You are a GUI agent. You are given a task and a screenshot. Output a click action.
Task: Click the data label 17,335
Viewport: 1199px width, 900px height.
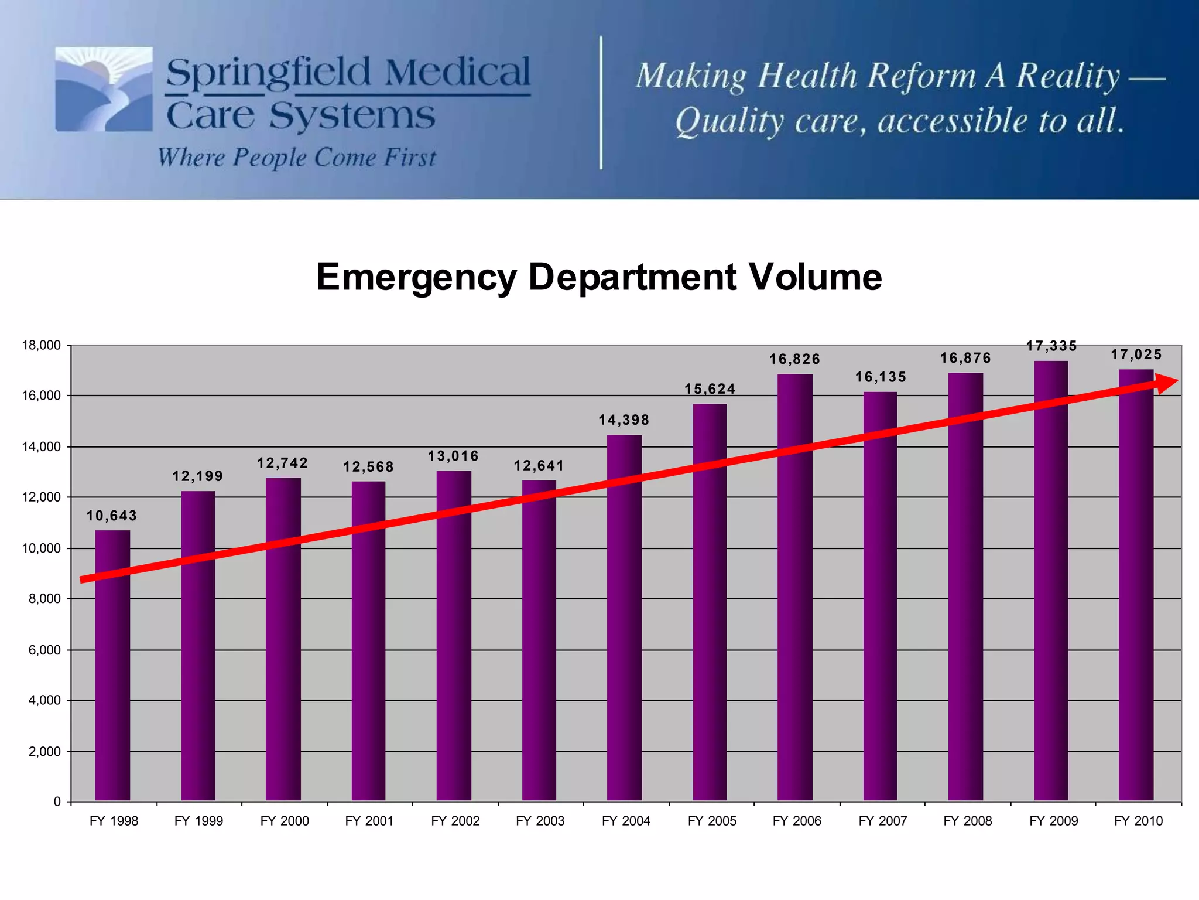click(x=1051, y=346)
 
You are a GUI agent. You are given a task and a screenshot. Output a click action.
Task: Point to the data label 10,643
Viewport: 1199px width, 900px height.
click(x=112, y=516)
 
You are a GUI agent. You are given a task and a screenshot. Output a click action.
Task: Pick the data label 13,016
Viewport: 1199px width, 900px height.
click(x=453, y=456)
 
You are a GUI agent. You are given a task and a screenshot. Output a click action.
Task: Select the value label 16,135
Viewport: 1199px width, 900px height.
click(x=881, y=377)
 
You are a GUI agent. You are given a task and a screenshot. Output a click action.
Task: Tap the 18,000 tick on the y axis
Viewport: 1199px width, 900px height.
click(x=41, y=345)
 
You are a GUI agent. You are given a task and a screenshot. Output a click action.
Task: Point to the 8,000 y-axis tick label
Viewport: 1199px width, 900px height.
click(x=44, y=599)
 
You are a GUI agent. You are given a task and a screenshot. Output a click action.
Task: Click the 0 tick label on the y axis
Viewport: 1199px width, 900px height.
click(x=57, y=802)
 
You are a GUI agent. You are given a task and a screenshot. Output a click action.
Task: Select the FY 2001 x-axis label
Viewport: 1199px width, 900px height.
click(x=369, y=821)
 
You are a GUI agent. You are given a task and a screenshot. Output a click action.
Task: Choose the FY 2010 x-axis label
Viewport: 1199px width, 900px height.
click(x=1138, y=821)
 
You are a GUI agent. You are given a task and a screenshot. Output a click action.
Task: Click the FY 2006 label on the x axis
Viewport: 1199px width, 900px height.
click(x=797, y=821)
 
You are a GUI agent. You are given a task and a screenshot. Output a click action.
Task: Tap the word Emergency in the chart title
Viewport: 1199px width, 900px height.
click(x=416, y=278)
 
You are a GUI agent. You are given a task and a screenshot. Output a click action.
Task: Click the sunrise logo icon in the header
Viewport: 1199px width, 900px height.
click(x=104, y=89)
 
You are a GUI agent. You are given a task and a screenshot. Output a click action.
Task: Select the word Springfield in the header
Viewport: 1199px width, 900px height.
click(x=269, y=73)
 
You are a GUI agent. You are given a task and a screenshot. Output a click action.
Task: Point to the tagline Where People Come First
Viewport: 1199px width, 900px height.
click(x=297, y=158)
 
